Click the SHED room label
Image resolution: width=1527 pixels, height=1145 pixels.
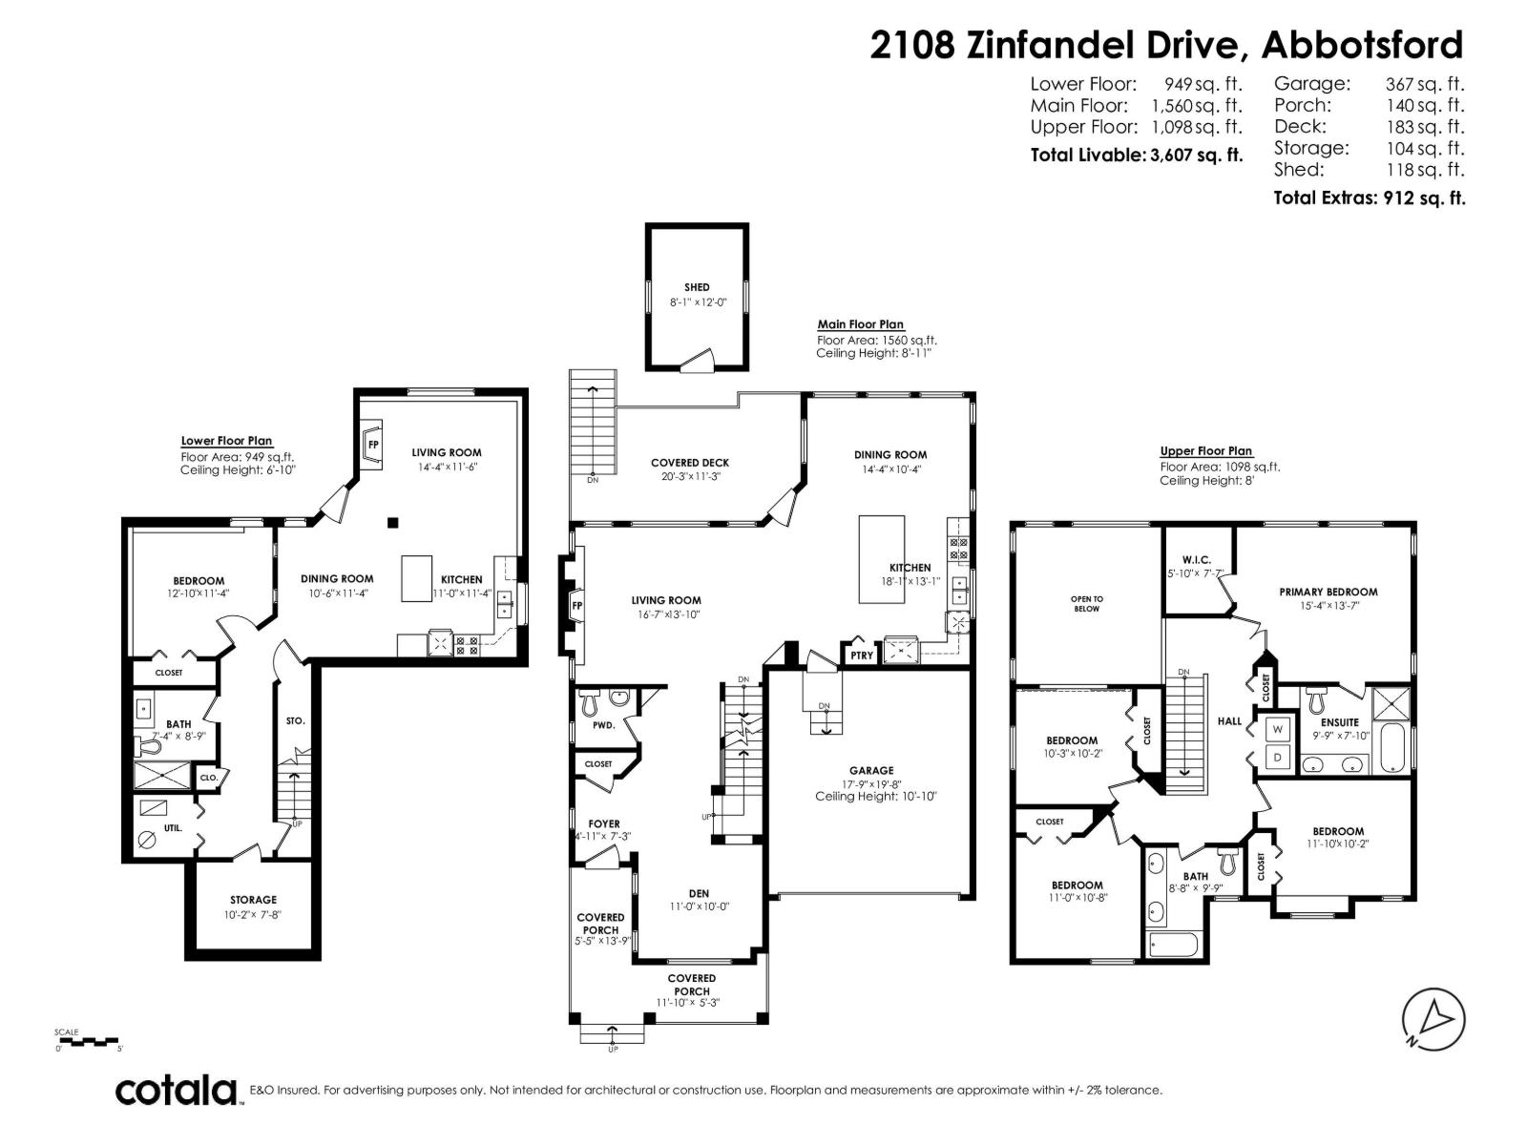(697, 287)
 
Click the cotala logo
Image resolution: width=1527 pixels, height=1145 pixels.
(177, 1090)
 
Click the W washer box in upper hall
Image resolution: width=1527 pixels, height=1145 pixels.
(1278, 729)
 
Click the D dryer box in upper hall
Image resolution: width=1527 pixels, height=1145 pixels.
(1278, 758)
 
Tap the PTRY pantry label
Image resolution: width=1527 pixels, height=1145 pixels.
(862, 656)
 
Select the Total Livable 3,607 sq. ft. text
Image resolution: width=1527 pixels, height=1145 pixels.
(1136, 155)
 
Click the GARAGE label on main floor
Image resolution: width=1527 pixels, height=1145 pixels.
(871, 770)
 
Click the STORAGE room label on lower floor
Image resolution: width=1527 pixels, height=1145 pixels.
(253, 900)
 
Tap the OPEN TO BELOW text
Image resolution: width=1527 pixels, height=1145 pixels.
(1086, 603)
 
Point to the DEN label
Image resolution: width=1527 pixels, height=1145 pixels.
(699, 894)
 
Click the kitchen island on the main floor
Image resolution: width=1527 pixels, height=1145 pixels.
(882, 559)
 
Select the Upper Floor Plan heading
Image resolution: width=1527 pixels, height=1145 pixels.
(1205, 451)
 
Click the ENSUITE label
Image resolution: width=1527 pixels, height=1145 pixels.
(1339, 722)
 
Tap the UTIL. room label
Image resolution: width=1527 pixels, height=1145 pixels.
(173, 828)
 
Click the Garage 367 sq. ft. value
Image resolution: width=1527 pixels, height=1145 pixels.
(1424, 84)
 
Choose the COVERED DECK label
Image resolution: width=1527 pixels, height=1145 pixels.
(689, 463)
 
